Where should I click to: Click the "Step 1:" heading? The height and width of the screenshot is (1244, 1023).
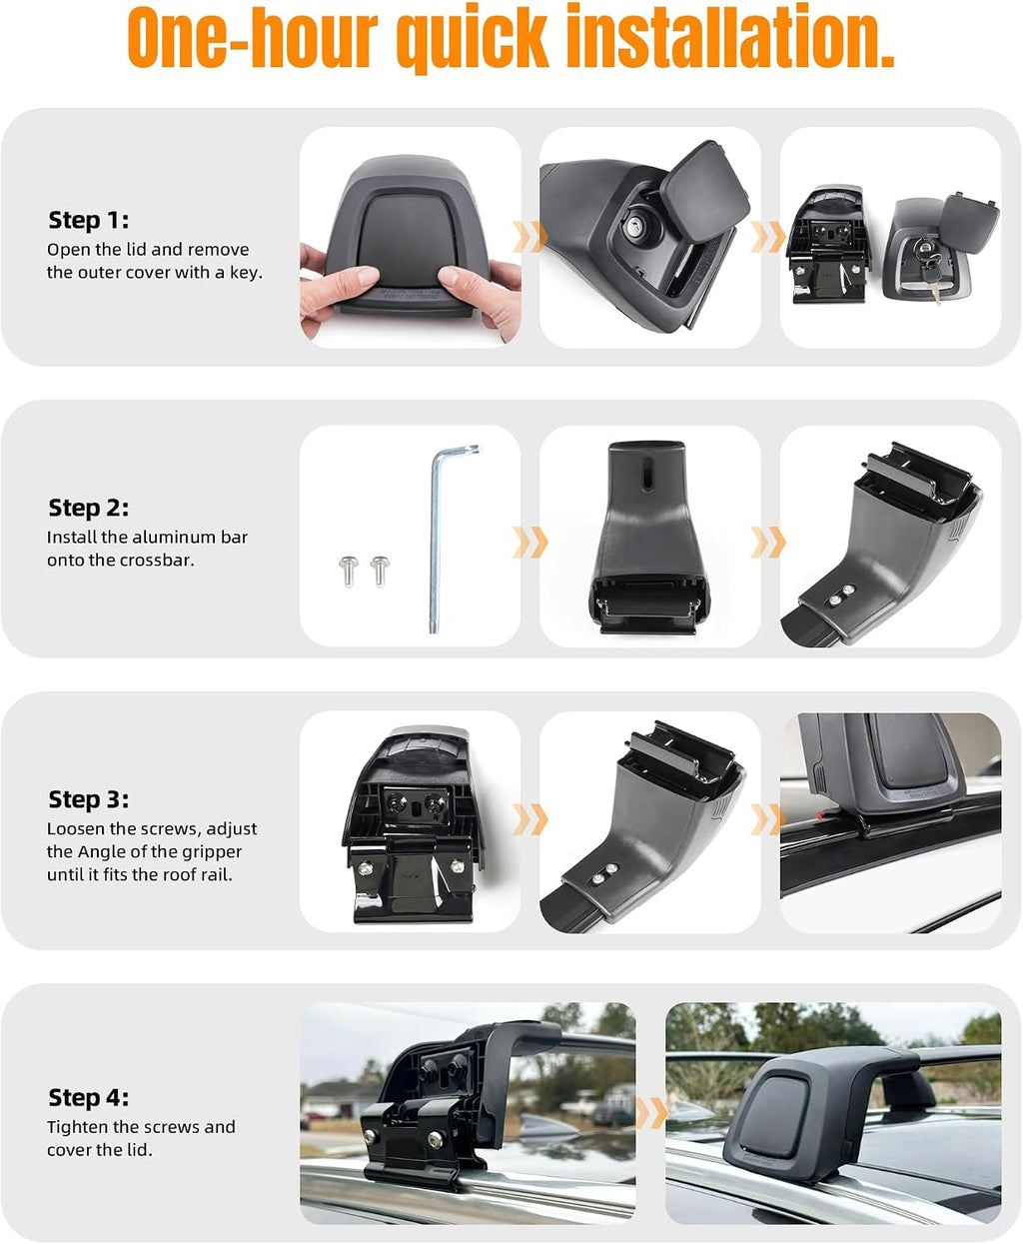pos(89,220)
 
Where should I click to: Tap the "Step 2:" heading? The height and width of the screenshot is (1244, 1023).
pos(89,508)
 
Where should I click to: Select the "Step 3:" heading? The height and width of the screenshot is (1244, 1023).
pos(89,799)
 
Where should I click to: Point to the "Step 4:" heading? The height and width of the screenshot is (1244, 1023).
pos(89,1097)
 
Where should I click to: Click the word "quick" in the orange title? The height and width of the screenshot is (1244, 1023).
pos(473,38)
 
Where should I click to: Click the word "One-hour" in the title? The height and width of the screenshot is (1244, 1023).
pos(253,37)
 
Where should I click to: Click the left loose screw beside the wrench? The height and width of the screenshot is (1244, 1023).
pos(349,571)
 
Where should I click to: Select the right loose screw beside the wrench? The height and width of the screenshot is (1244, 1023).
pos(380,571)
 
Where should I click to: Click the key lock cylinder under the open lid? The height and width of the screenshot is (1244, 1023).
pos(636,226)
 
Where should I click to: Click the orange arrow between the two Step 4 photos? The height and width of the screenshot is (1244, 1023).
pos(651,1114)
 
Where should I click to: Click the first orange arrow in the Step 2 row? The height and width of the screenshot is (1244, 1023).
pos(530,543)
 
